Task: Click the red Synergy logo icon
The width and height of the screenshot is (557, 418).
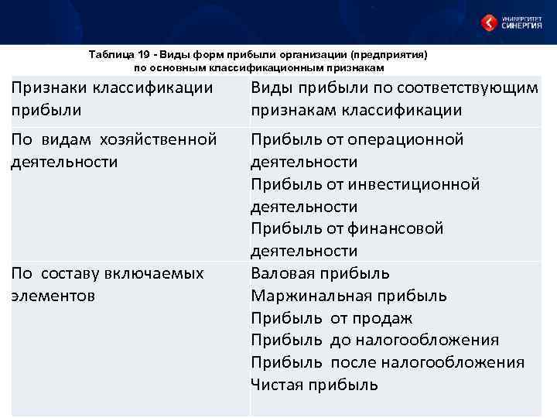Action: click(x=489, y=22)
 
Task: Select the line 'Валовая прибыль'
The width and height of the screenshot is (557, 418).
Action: click(x=320, y=273)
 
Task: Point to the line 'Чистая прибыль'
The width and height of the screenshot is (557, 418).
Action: click(x=314, y=385)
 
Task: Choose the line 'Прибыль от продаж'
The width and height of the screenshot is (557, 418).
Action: click(x=331, y=318)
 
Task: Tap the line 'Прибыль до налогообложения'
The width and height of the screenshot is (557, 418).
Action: click(x=374, y=340)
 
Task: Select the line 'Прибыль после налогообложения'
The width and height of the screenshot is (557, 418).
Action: click(x=388, y=362)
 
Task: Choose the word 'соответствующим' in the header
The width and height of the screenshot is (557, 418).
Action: click(x=469, y=87)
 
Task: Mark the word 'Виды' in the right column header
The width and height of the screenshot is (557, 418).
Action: click(x=272, y=87)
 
